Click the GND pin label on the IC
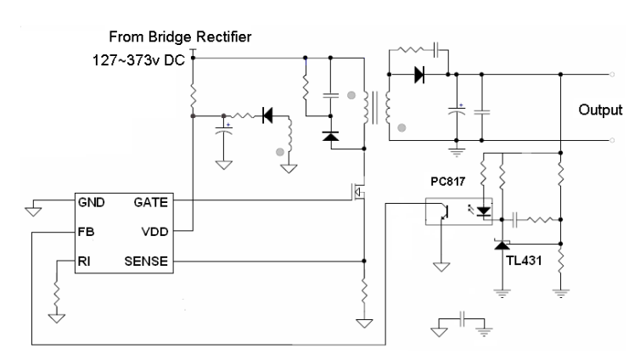click(91, 202)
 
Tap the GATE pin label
click(150, 202)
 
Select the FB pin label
click(86, 232)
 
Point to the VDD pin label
click(154, 232)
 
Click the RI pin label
click(84, 262)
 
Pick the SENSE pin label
click(146, 262)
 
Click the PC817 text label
click(448, 182)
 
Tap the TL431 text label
click(524, 261)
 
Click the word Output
click(600, 110)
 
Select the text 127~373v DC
click(138, 60)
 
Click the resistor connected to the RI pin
click(57, 295)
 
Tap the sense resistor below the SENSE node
click(364, 291)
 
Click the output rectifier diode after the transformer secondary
click(419, 75)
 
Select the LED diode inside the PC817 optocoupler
click(484, 211)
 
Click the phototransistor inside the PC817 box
click(444, 212)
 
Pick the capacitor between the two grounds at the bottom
click(463, 319)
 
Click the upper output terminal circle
click(612, 74)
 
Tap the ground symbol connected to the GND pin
click(33, 211)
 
